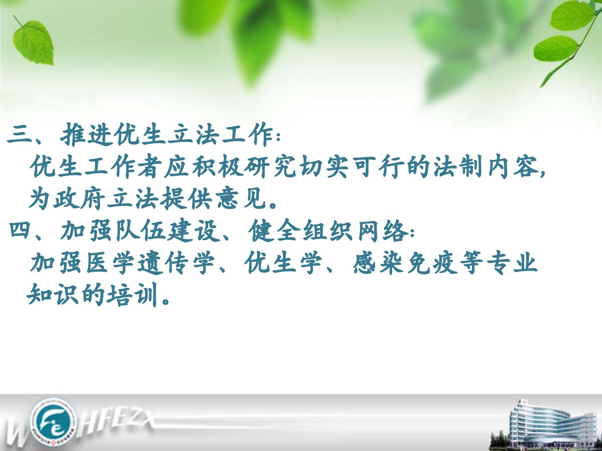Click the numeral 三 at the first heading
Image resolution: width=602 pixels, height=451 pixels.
(19, 135)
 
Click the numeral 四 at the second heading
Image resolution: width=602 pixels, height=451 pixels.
(20, 230)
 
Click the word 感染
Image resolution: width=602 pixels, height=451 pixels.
(378, 262)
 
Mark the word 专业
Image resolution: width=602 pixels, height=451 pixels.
(512, 262)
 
